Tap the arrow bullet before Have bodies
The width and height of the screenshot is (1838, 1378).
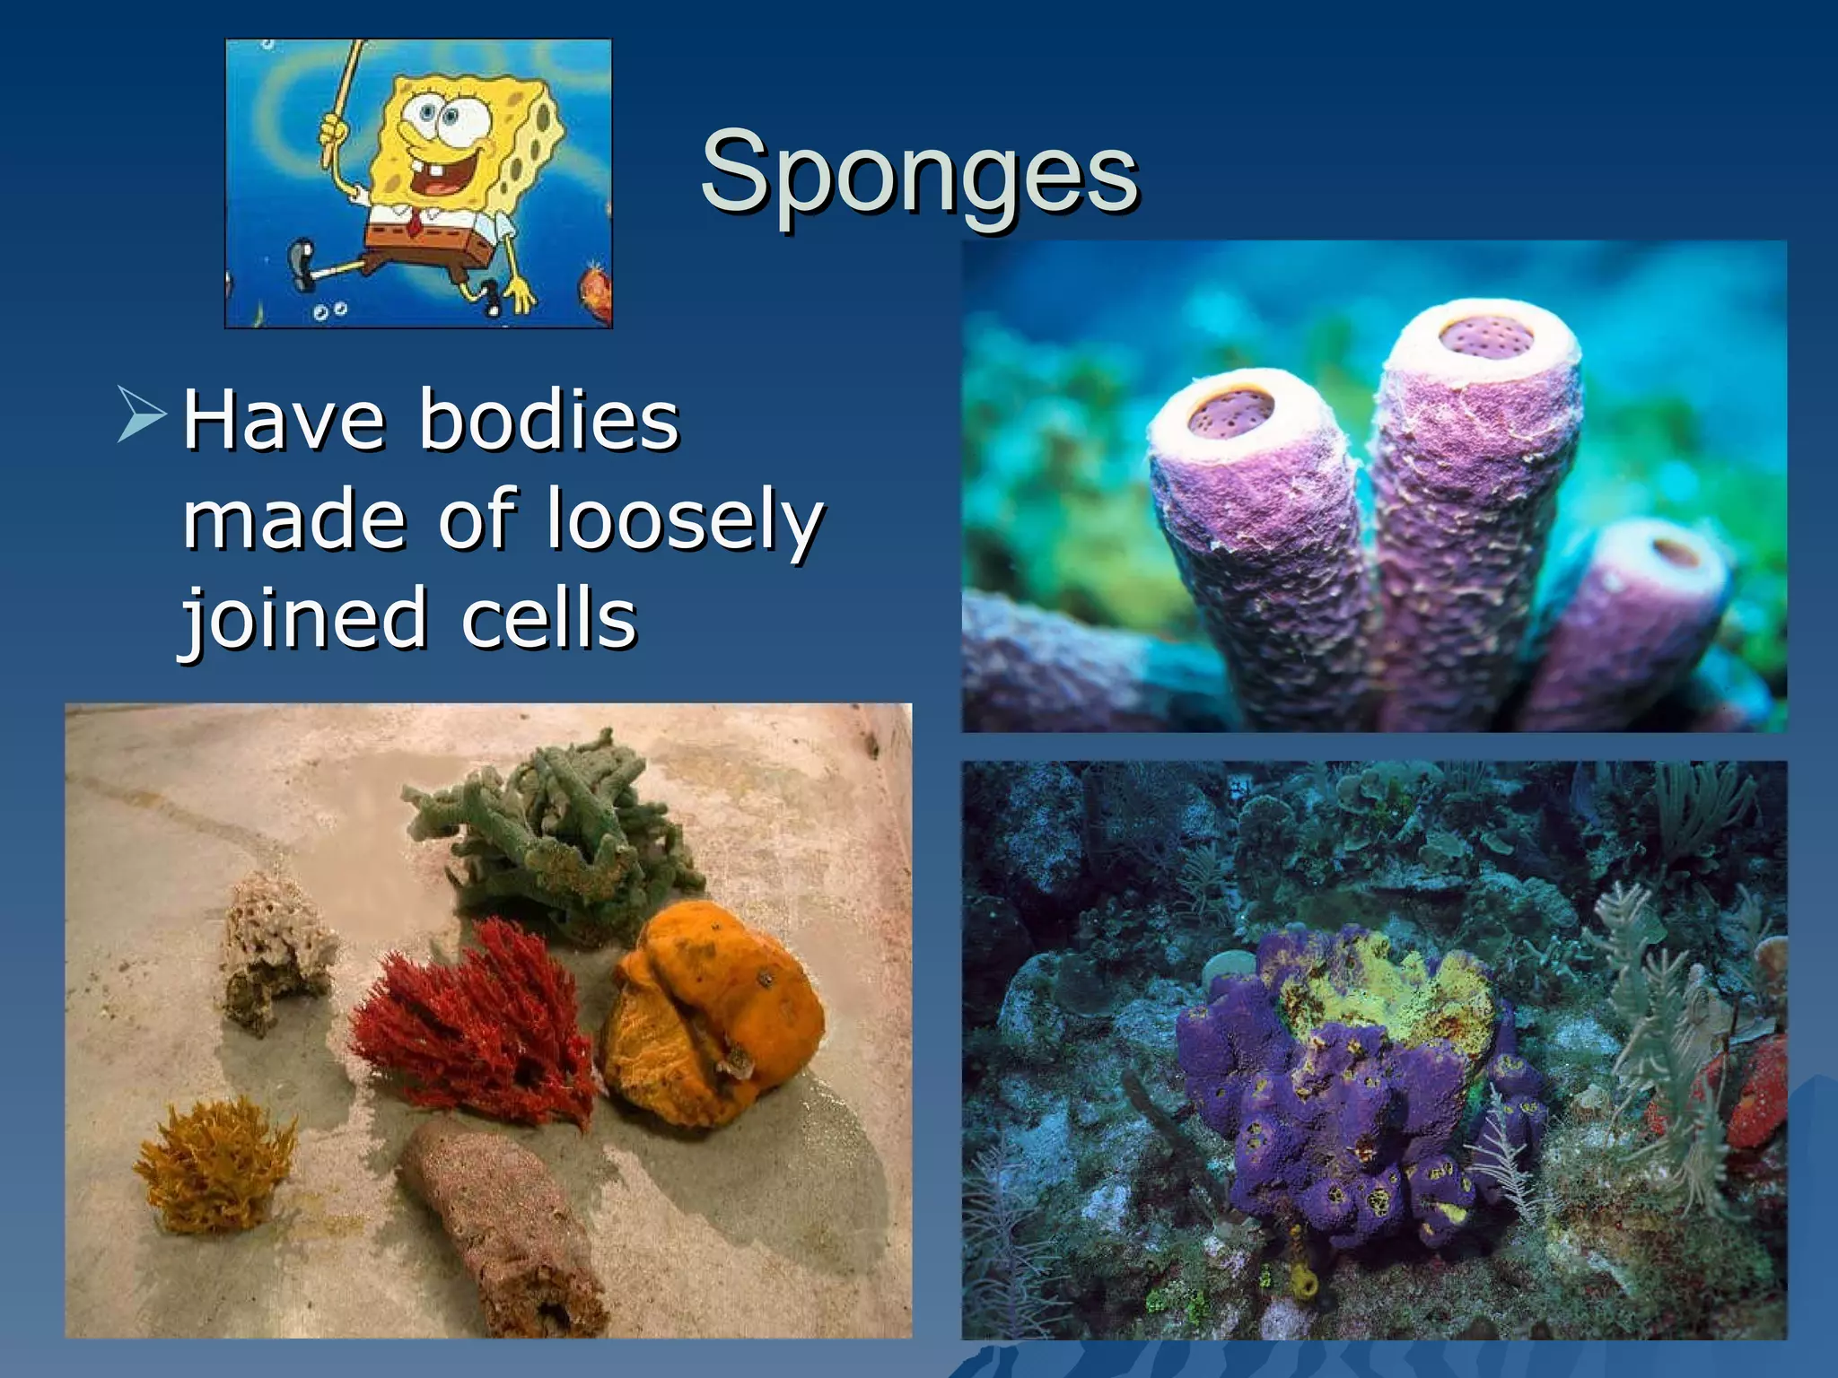(x=142, y=414)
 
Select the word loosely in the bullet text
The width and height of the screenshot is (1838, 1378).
(x=685, y=520)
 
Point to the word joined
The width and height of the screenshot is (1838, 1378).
(x=303, y=619)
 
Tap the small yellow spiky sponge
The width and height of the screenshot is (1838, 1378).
(x=215, y=1166)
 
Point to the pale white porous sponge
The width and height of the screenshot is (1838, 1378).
(x=274, y=951)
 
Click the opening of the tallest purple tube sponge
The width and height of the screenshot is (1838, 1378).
(x=1485, y=336)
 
